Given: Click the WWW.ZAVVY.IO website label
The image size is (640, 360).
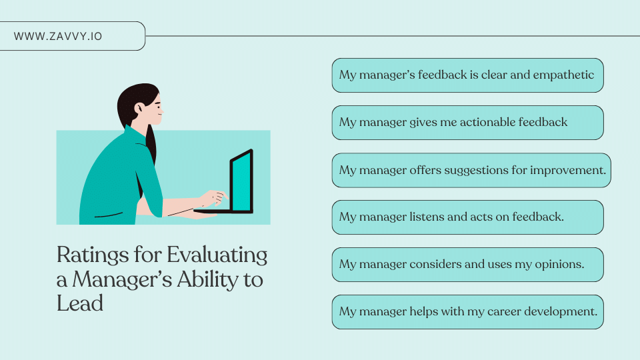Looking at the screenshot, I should [x=58, y=36].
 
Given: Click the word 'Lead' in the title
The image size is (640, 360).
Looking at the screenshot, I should [x=80, y=303].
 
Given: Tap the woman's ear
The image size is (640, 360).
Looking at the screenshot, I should [x=139, y=107].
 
